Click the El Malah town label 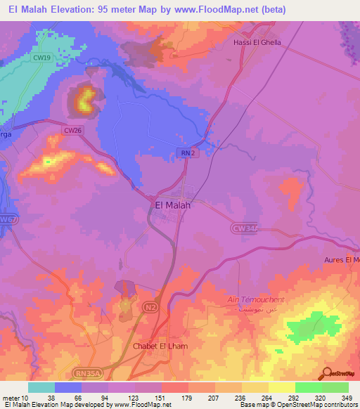[x=172, y=206]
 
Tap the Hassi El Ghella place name [x=257, y=42]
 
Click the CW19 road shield [x=42, y=58]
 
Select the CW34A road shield [x=243, y=227]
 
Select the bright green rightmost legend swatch [x=335, y=387]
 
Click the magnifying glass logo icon [x=327, y=373]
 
